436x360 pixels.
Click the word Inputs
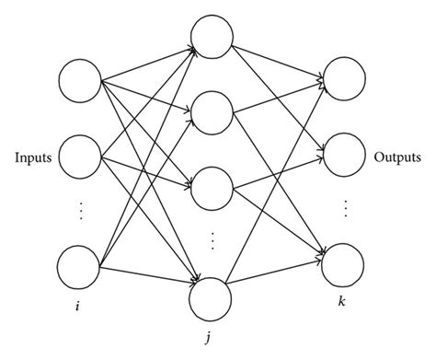click(31, 158)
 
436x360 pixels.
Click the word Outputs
click(396, 158)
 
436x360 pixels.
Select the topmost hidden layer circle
click(212, 37)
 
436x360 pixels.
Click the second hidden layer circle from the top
click(212, 111)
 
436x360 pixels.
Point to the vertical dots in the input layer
click(80, 211)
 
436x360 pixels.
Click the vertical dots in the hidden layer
click(212, 241)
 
